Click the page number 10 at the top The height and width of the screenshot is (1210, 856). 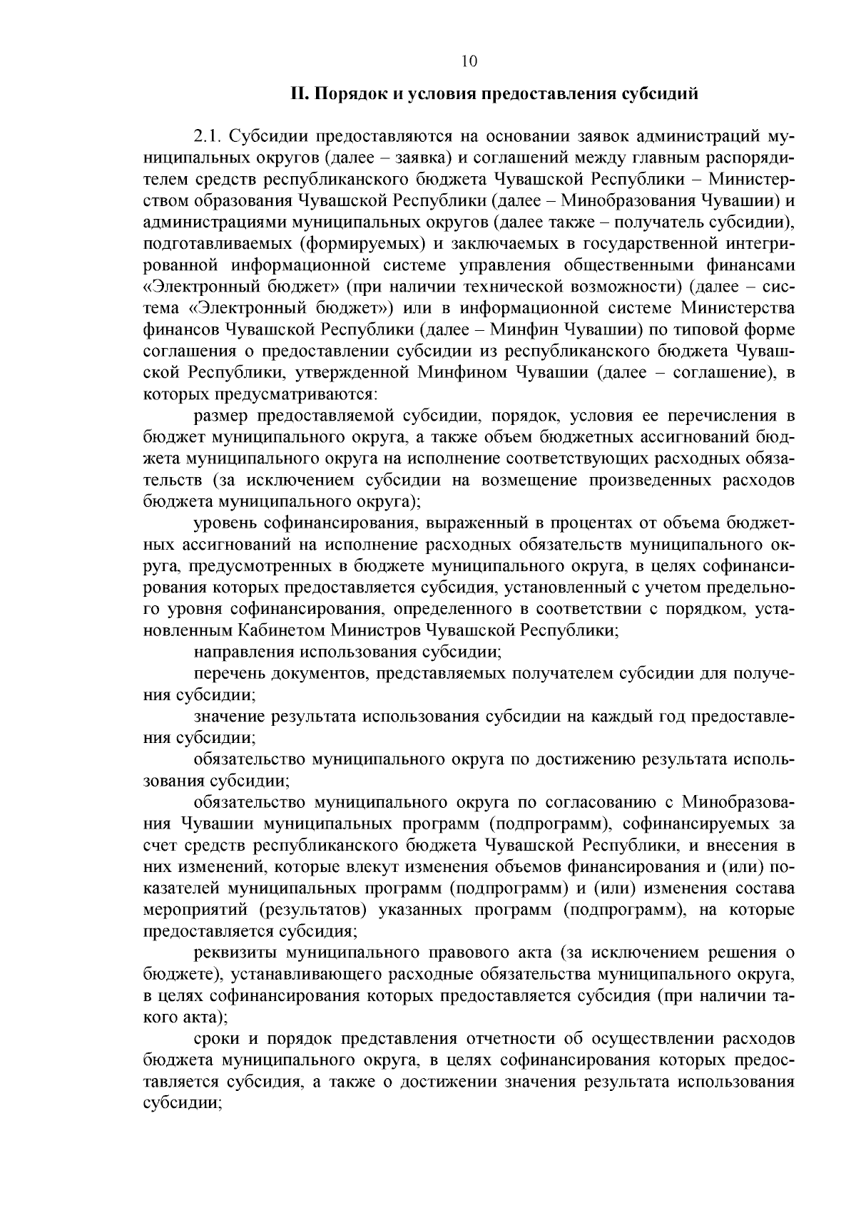(469, 61)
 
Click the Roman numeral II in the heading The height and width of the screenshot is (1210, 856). (298, 94)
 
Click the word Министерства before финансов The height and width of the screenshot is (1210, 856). (738, 308)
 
